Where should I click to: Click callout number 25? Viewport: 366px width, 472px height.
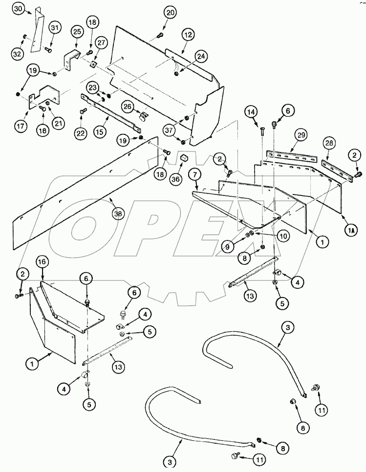point(77,31)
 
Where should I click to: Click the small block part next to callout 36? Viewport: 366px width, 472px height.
point(184,158)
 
